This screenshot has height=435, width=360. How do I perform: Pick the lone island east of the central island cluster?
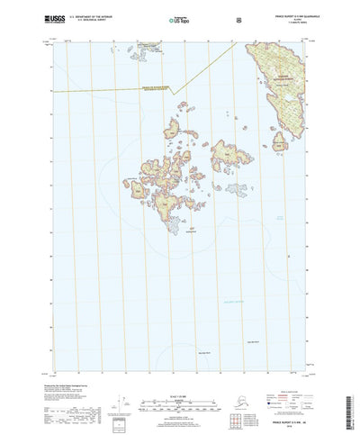[237, 191]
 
